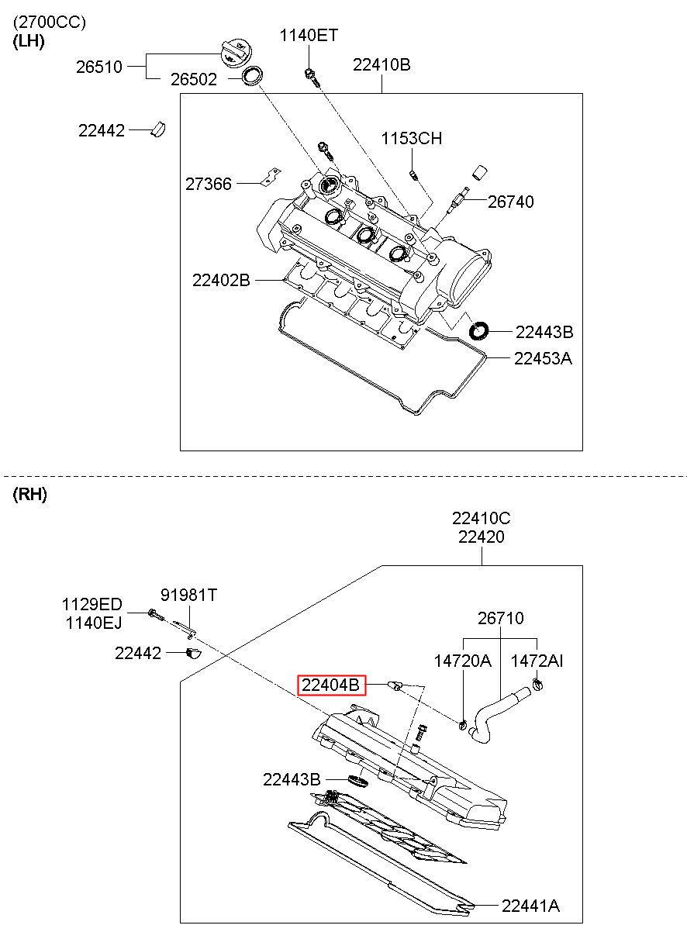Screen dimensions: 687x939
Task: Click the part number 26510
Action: tap(99, 67)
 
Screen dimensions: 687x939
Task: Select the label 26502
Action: tap(194, 79)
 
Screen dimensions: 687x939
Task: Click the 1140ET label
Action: tap(309, 35)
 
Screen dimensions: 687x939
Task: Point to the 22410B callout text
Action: tap(381, 65)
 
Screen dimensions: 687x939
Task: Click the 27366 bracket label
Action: tap(209, 184)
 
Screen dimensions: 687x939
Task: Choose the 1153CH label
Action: tap(411, 138)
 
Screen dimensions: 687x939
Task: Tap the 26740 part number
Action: tap(510, 202)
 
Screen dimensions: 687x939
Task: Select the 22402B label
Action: tap(221, 280)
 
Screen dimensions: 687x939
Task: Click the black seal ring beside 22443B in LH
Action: tap(478, 331)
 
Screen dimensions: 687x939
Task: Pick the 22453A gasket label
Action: tap(543, 358)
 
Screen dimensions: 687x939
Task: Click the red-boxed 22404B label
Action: tap(331, 685)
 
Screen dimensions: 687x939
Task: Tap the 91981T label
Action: tap(188, 595)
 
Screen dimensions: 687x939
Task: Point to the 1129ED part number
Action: tap(91, 604)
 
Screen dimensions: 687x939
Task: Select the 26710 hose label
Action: tap(500, 618)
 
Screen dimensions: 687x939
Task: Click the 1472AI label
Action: tap(537, 661)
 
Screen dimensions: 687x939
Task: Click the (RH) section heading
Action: tap(30, 494)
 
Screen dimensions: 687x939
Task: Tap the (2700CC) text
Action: tap(50, 22)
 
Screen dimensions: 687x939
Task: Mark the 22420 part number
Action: tap(482, 537)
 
